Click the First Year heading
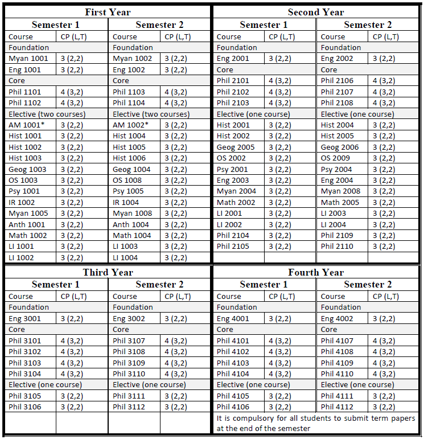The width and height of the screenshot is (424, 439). click(x=108, y=12)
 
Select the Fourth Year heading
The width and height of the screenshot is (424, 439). click(x=316, y=272)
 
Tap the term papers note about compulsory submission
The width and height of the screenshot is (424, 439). click(x=316, y=423)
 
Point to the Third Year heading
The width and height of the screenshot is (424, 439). click(x=108, y=272)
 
